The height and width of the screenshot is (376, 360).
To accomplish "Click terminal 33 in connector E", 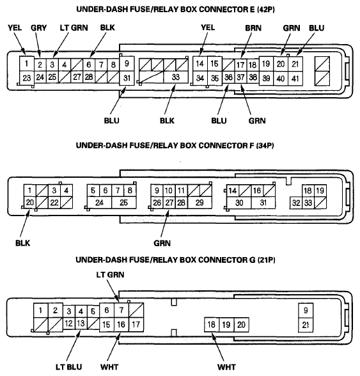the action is (176, 77).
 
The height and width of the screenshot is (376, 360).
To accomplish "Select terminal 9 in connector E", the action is (127, 63).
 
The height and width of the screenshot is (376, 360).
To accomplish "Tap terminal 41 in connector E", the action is (295, 79).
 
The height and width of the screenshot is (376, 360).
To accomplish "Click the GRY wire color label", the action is (38, 28).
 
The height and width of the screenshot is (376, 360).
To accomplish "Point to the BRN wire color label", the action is (253, 28).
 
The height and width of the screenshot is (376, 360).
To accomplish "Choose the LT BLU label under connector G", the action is (69, 367).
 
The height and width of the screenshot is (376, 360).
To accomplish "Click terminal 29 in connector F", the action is (200, 203).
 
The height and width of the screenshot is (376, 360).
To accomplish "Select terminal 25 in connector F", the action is (124, 203).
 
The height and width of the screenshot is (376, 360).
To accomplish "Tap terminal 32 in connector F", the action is (296, 203).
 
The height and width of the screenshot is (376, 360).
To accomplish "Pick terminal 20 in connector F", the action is (30, 203).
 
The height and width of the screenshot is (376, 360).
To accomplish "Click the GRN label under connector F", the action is (162, 244).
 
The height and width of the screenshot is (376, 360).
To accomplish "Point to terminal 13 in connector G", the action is (81, 324).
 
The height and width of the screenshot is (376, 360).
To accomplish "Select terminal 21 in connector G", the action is (306, 325).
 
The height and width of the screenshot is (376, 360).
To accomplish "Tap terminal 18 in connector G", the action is (212, 325).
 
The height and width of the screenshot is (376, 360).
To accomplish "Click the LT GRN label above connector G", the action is (111, 274).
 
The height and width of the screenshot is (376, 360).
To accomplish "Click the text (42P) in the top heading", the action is (266, 10).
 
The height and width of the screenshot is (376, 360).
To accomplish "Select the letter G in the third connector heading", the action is (253, 260).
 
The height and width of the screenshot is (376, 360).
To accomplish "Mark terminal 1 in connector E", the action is (26, 63).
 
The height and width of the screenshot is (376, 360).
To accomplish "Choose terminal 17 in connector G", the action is (136, 325).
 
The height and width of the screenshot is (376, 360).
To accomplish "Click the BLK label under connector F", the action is (23, 244).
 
